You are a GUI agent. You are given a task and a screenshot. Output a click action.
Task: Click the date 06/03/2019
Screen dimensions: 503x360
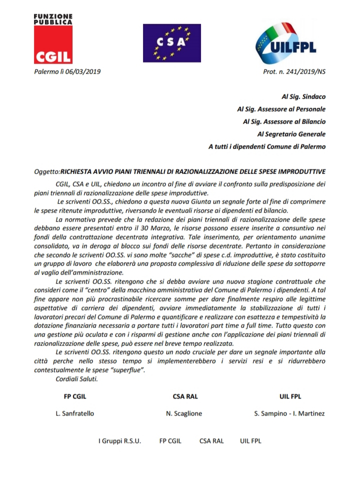click(x=82, y=72)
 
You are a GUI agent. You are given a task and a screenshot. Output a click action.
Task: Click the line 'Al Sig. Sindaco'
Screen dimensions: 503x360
click(x=303, y=95)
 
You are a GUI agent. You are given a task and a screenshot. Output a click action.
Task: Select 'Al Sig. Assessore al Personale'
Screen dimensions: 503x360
click(x=281, y=108)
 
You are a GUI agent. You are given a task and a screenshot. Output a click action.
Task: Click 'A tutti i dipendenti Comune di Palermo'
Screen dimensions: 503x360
click(x=267, y=146)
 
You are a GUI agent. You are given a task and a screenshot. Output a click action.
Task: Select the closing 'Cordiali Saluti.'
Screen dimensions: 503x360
click(x=77, y=379)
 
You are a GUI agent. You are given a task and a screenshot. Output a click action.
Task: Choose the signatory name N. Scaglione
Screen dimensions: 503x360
click(x=185, y=413)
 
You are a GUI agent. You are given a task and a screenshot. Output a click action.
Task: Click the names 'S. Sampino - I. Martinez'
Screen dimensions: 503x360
click(x=289, y=413)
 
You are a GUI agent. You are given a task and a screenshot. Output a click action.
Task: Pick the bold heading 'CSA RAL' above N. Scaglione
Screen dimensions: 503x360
click(x=185, y=396)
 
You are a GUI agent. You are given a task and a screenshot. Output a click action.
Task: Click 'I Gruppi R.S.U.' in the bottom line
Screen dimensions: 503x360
click(x=119, y=441)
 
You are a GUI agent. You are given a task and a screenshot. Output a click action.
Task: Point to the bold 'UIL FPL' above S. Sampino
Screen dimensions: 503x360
click(x=289, y=396)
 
